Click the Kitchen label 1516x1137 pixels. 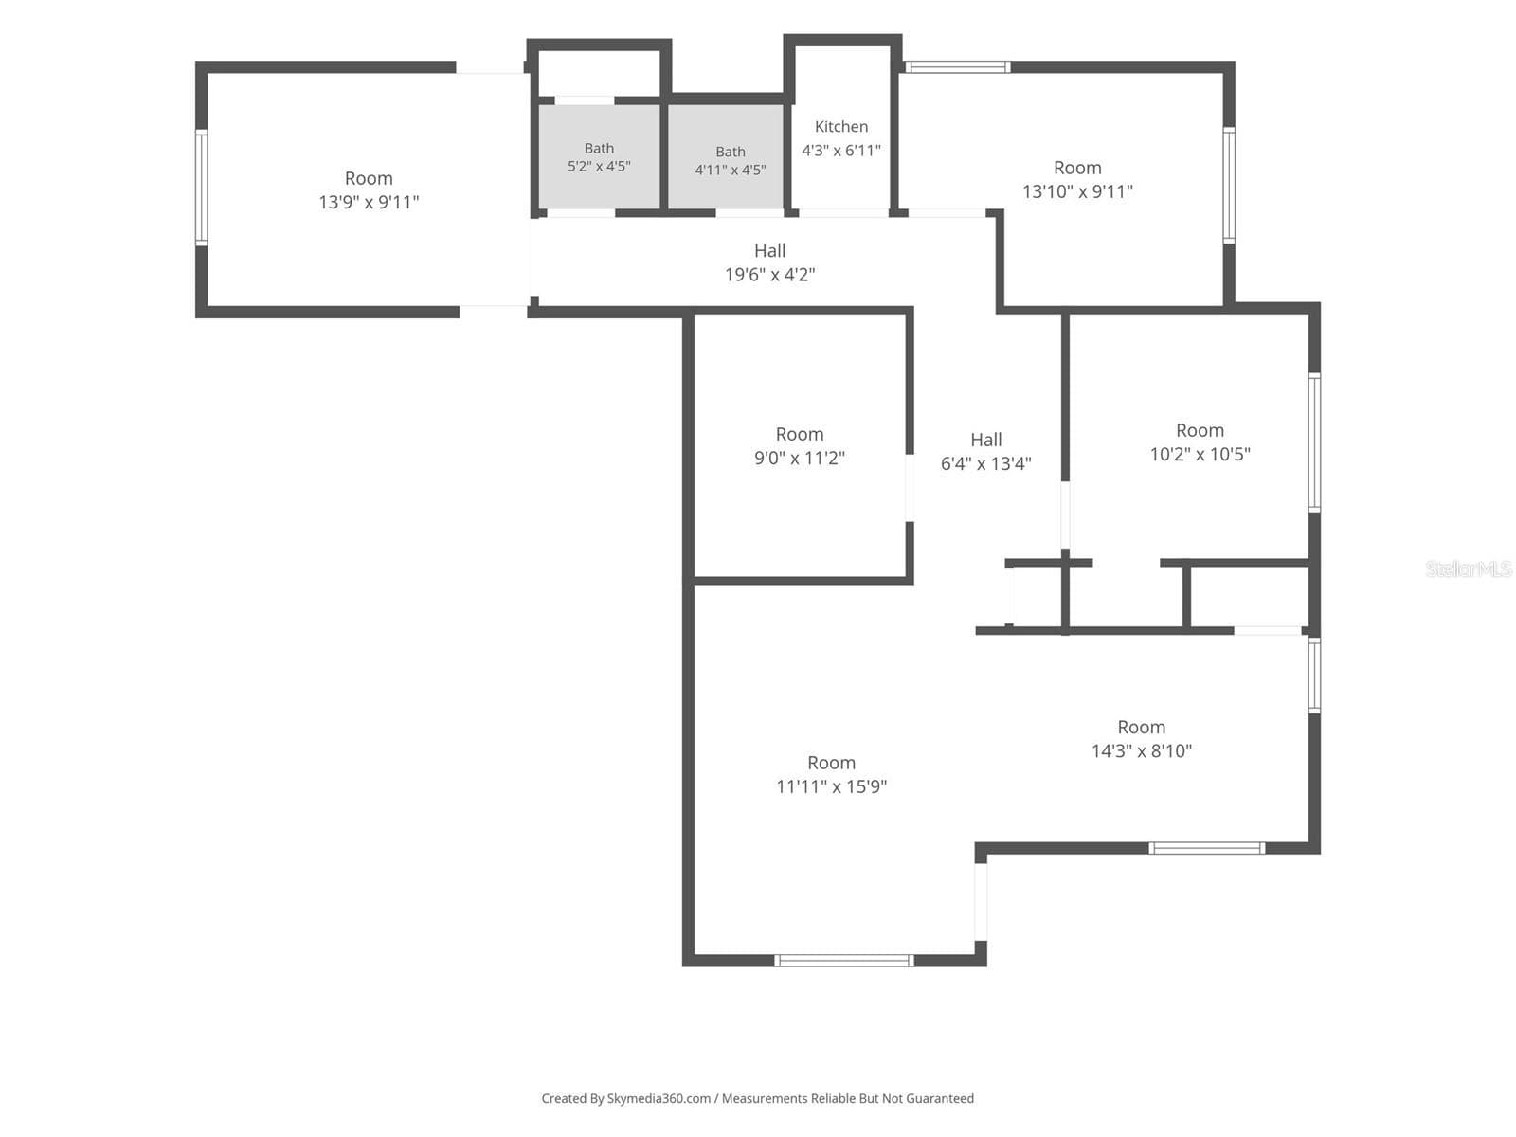(x=840, y=126)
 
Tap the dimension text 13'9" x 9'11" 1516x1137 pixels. (x=369, y=202)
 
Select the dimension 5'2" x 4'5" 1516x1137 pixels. (x=599, y=167)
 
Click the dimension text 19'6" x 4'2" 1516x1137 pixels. (x=769, y=275)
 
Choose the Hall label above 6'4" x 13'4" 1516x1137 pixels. (x=985, y=440)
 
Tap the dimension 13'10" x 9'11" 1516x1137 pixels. (x=1077, y=191)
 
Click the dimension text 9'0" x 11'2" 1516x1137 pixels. (x=799, y=458)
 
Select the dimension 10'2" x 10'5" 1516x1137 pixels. (x=1200, y=454)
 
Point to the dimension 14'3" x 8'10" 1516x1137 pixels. (x=1141, y=750)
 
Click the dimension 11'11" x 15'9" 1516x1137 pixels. (x=831, y=786)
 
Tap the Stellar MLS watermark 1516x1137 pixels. (x=1468, y=568)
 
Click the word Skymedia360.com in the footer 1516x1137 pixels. (x=659, y=1098)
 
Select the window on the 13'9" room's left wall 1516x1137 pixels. (x=201, y=187)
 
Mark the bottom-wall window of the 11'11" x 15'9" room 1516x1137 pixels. (x=843, y=960)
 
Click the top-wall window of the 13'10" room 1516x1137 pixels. (x=957, y=67)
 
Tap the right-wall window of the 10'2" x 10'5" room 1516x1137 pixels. (x=1314, y=442)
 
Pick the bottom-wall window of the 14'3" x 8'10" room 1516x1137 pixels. (x=1206, y=848)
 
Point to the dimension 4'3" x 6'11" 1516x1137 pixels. (x=840, y=150)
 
